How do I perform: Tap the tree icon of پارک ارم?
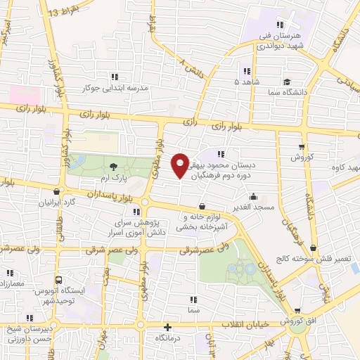coord(114,167)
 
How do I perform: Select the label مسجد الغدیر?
coord(253,208)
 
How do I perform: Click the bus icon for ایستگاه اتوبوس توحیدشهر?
coord(60,279)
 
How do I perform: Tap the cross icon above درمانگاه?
coord(167,327)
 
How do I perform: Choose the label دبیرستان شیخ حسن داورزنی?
coord(30,333)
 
